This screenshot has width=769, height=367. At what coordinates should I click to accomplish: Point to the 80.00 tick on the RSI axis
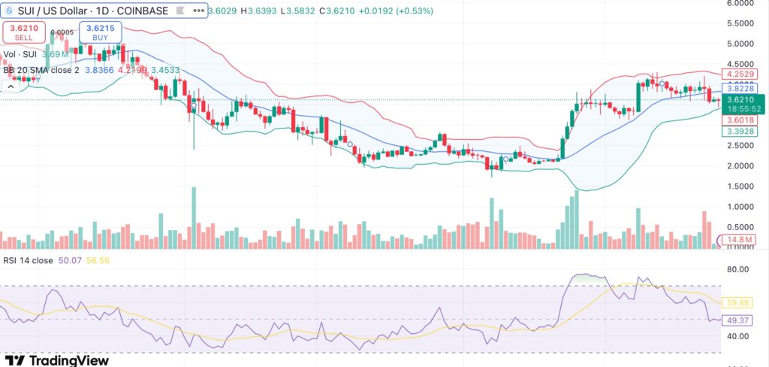(739, 269)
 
